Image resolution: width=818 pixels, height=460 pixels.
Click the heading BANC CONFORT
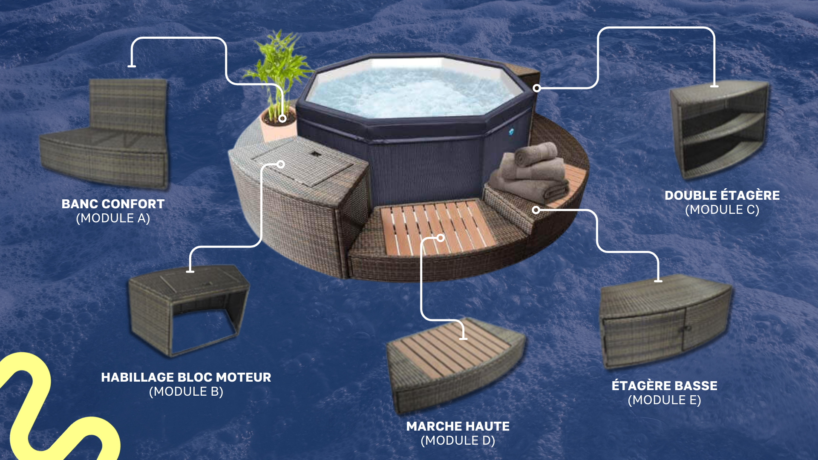pyautogui.click(x=113, y=204)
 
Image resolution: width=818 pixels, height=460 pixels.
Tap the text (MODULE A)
pyautogui.click(x=113, y=218)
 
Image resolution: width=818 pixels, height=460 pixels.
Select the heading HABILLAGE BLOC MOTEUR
pyautogui.click(x=186, y=377)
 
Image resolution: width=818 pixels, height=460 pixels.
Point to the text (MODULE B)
pyautogui.click(x=186, y=392)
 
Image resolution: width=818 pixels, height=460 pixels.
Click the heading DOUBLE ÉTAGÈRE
pyautogui.click(x=722, y=195)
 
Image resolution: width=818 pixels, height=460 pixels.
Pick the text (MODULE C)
pyautogui.click(x=722, y=210)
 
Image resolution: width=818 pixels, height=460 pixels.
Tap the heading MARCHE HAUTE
pyautogui.click(x=458, y=426)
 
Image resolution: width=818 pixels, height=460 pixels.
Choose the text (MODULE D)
pyautogui.click(x=458, y=441)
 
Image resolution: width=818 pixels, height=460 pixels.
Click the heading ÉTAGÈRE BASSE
pyautogui.click(x=665, y=385)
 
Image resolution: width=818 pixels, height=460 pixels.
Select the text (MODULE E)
pyautogui.click(x=665, y=400)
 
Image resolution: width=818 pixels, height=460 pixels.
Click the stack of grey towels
pyautogui.click(x=530, y=172)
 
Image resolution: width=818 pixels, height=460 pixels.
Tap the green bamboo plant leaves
pyautogui.click(x=279, y=68)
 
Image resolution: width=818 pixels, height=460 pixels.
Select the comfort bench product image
pyautogui.click(x=104, y=134)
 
